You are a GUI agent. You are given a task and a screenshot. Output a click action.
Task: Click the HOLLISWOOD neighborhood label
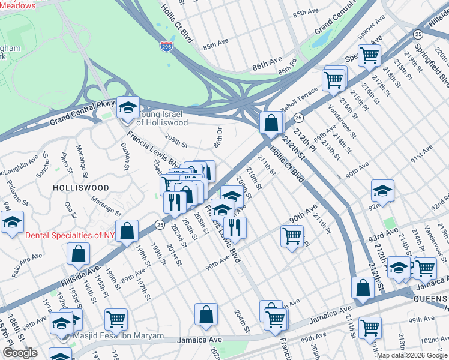[81, 188]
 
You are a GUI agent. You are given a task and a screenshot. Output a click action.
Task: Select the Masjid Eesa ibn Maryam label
[125, 337]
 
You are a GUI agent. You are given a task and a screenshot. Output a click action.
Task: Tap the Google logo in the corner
[20, 353]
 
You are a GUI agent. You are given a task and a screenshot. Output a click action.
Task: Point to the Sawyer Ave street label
[370, 40]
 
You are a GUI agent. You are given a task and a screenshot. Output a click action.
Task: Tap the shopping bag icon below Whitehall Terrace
[271, 123]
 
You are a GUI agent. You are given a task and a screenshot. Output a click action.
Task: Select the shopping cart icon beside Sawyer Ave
[369, 56]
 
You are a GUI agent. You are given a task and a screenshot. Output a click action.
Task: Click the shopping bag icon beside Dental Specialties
[127, 230]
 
